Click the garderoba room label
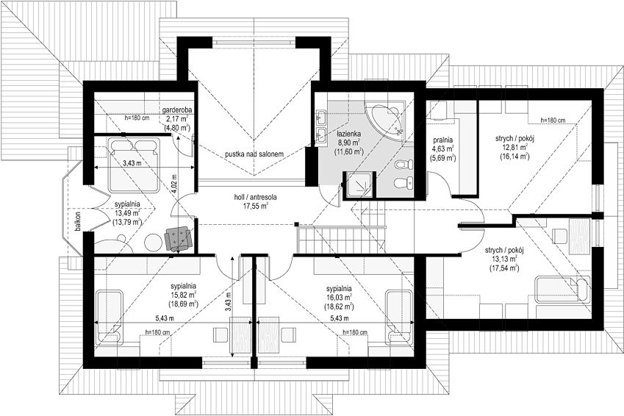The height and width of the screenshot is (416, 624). pos(177,110)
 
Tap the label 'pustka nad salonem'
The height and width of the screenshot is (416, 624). pos(254,154)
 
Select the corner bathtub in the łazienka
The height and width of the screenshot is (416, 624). pos(385,121)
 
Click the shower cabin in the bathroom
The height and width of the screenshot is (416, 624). pos(359,184)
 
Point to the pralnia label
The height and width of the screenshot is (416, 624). pos(444,140)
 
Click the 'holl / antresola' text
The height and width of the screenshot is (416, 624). pos(255,197)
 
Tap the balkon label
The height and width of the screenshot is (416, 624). pos(78,221)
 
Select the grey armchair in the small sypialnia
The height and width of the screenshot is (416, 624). pos(178,239)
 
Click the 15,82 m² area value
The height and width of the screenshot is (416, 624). pos(184,295)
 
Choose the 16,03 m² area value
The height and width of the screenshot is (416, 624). pos(339,298)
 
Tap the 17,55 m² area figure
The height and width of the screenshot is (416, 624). pos(255,205)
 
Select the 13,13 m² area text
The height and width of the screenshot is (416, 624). pos(503,259)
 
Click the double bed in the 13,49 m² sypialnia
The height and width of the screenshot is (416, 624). pos(133,164)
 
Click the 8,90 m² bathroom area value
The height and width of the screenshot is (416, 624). pos(348,143)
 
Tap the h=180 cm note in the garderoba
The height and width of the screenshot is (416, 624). pos(137,118)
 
